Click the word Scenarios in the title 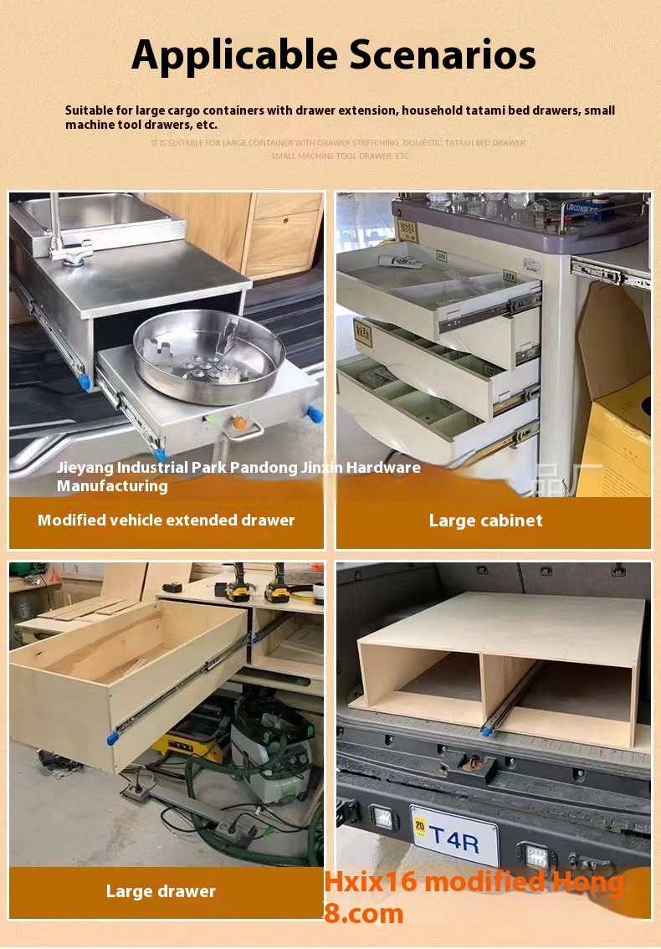click(443, 55)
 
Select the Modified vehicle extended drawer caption click(166, 521)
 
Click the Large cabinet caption click(485, 521)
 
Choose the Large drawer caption click(161, 891)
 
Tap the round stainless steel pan click(210, 356)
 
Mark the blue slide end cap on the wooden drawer click(113, 737)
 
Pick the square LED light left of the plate click(385, 819)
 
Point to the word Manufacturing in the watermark click(112, 485)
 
